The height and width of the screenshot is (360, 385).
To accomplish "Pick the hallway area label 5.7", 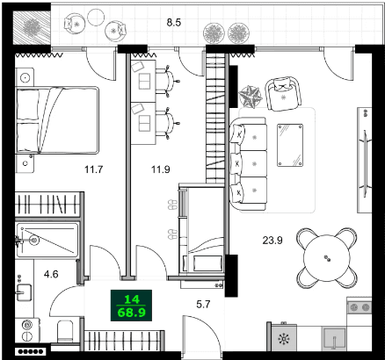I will click(201, 306).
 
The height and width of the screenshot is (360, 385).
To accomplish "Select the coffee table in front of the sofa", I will click(291, 142).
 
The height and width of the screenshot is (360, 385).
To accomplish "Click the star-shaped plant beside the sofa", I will click(249, 93).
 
